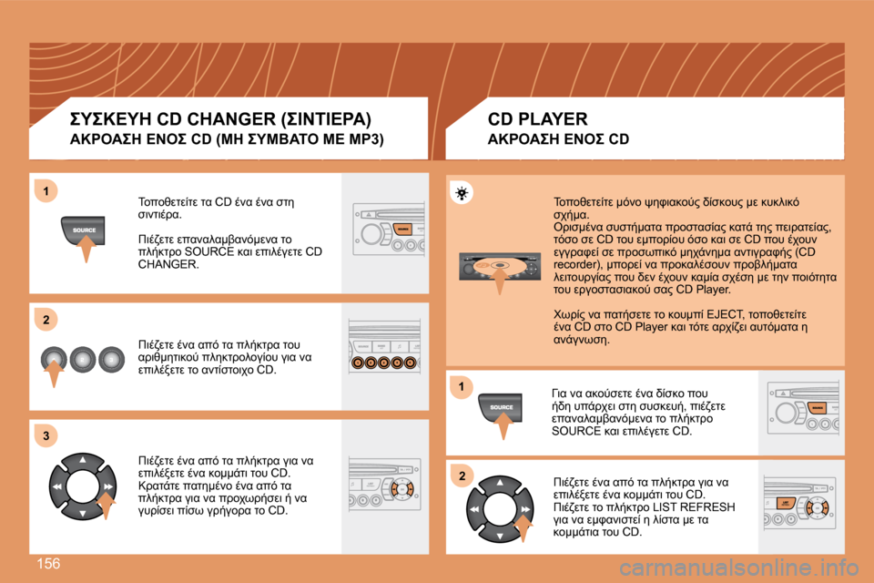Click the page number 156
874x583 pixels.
[48, 564]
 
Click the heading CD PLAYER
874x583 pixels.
[537, 118]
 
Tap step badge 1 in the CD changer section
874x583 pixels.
[46, 191]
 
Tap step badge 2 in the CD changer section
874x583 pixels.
[46, 320]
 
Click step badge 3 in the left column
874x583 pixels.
[46, 435]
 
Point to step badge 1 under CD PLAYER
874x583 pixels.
[462, 386]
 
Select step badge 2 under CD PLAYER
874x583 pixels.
[462, 476]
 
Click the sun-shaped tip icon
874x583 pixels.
[462, 194]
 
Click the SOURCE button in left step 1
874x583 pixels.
[83, 230]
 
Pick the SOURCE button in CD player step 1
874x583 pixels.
[500, 407]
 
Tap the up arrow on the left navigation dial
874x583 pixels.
[83, 460]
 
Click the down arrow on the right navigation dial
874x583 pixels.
[500, 537]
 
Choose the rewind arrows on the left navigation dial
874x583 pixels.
[56, 486]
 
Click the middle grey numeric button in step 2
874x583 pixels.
[83, 360]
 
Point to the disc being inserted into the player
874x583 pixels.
[500, 266]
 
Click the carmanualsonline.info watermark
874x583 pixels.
[739, 568]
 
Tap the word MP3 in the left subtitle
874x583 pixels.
[364, 138]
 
